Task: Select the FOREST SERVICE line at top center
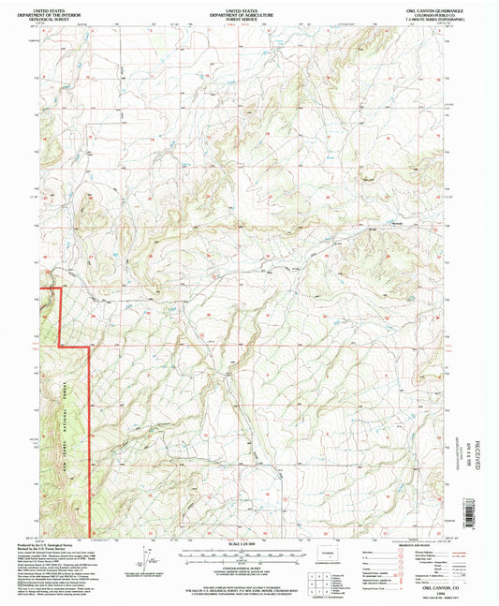[249, 19]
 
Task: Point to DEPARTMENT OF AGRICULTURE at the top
[249, 13]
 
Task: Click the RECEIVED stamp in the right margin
[479, 454]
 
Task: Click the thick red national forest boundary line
[89, 421]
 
